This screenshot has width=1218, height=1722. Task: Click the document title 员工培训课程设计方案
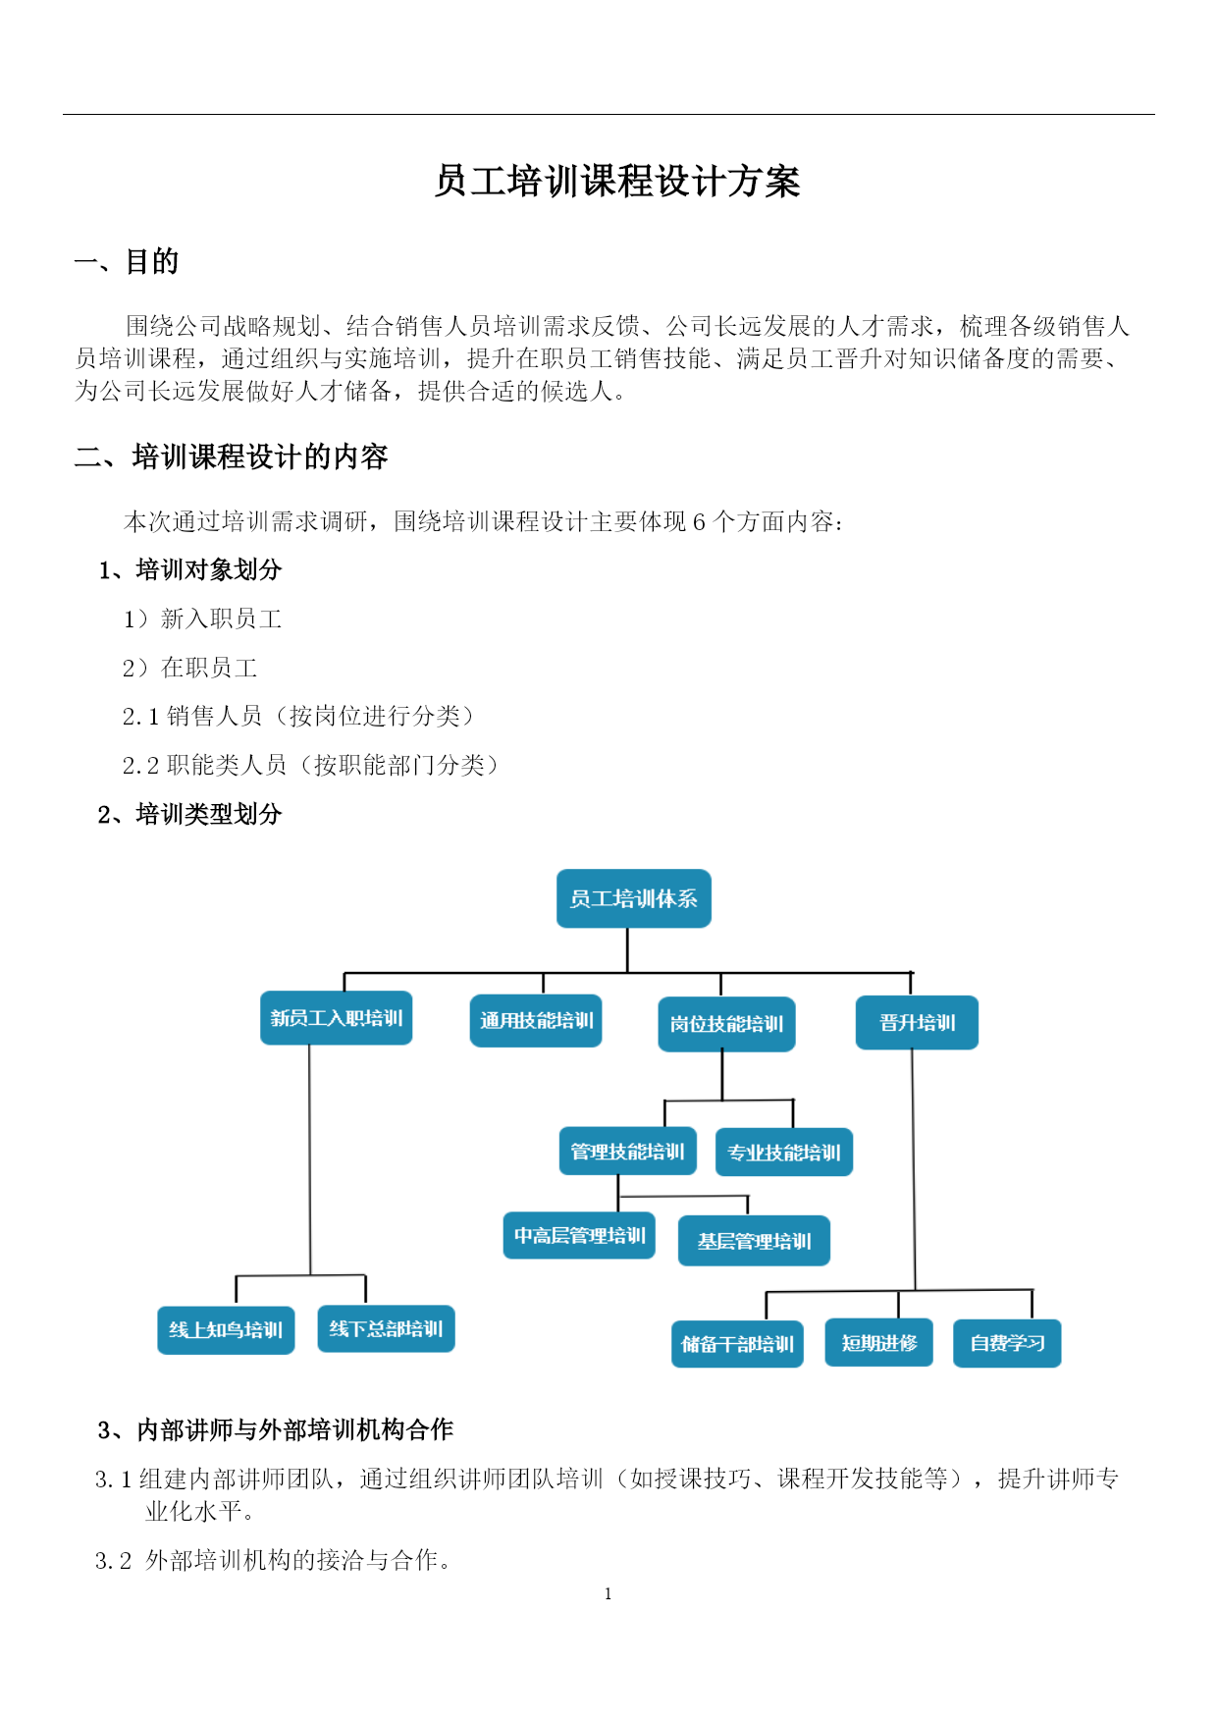[617, 183]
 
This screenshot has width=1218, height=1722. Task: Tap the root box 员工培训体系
[634, 898]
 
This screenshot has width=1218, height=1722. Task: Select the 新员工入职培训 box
[337, 1018]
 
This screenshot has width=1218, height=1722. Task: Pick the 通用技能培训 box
[536, 1021]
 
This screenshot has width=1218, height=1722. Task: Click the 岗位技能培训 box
[726, 1024]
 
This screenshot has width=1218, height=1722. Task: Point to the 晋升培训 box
[918, 1023]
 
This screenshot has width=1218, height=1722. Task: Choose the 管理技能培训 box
[628, 1152]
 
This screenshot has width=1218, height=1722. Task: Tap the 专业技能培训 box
[784, 1153]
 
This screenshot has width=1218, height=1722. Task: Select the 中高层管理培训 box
[579, 1236]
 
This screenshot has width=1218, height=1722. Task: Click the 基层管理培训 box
[754, 1241]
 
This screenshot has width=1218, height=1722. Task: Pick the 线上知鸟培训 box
[226, 1330]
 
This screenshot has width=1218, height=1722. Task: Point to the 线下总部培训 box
[386, 1329]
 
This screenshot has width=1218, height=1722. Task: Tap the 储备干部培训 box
[737, 1344]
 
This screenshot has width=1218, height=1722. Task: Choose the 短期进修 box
[879, 1343]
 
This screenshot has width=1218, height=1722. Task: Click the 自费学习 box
[1007, 1343]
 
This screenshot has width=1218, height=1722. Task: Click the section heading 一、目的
[127, 262]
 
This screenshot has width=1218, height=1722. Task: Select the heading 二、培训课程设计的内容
[232, 457]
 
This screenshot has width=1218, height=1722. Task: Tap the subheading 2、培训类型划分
[189, 814]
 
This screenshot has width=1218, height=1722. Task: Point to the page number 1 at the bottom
[609, 1593]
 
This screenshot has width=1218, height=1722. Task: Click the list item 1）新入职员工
[203, 619]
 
